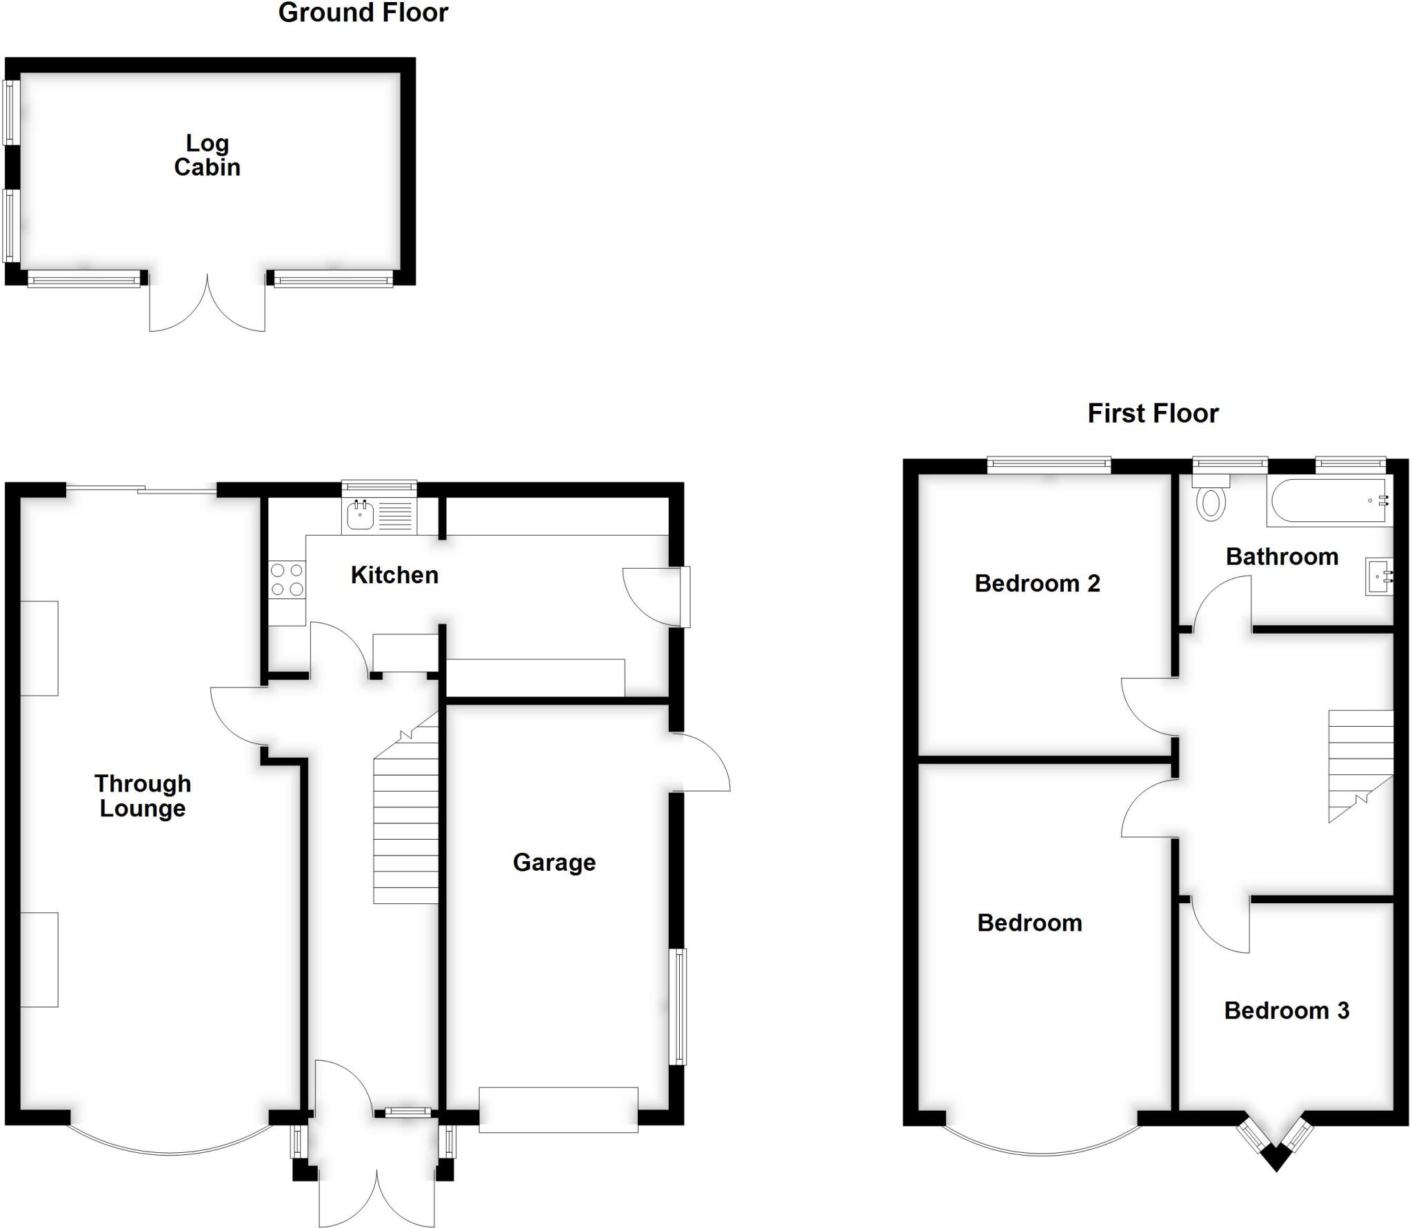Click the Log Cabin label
click(207, 155)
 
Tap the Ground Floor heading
click(363, 12)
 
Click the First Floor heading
click(1153, 413)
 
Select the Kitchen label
click(394, 574)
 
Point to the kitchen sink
click(360, 515)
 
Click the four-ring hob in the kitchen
click(287, 579)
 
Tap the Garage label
click(554, 862)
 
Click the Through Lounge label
click(142, 796)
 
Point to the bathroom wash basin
click(1379, 576)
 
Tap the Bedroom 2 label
click(1037, 583)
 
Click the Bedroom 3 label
click(1286, 1010)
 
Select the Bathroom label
click(1282, 556)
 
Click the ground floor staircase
click(406, 827)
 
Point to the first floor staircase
click(1360, 758)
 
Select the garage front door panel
click(558, 1109)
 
